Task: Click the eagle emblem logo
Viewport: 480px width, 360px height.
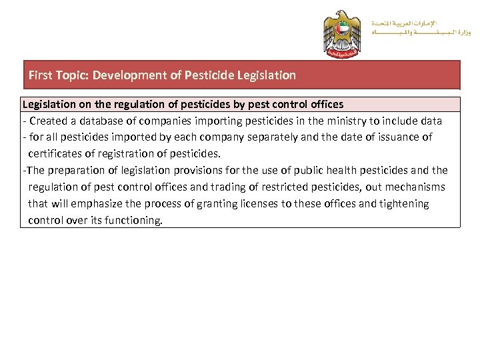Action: (341, 33)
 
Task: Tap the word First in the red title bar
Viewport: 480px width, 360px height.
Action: (40, 75)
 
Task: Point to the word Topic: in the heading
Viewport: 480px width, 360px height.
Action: (72, 75)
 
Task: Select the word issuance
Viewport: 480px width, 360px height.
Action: (399, 137)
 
